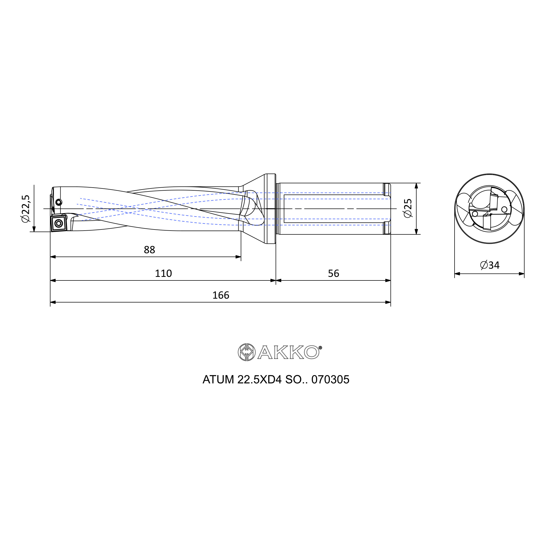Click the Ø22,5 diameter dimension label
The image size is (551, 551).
click(x=25, y=209)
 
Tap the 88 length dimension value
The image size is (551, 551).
click(x=149, y=250)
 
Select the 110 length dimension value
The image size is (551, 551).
click(x=163, y=274)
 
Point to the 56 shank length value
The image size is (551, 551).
click(x=333, y=274)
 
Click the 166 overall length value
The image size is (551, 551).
click(x=221, y=295)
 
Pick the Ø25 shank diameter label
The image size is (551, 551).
click(x=408, y=209)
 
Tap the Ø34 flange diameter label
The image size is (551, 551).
click(x=490, y=265)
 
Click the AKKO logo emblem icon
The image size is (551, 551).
click(x=247, y=352)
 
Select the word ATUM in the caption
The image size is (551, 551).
click(x=218, y=380)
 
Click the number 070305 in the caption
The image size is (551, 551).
click(x=330, y=380)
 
